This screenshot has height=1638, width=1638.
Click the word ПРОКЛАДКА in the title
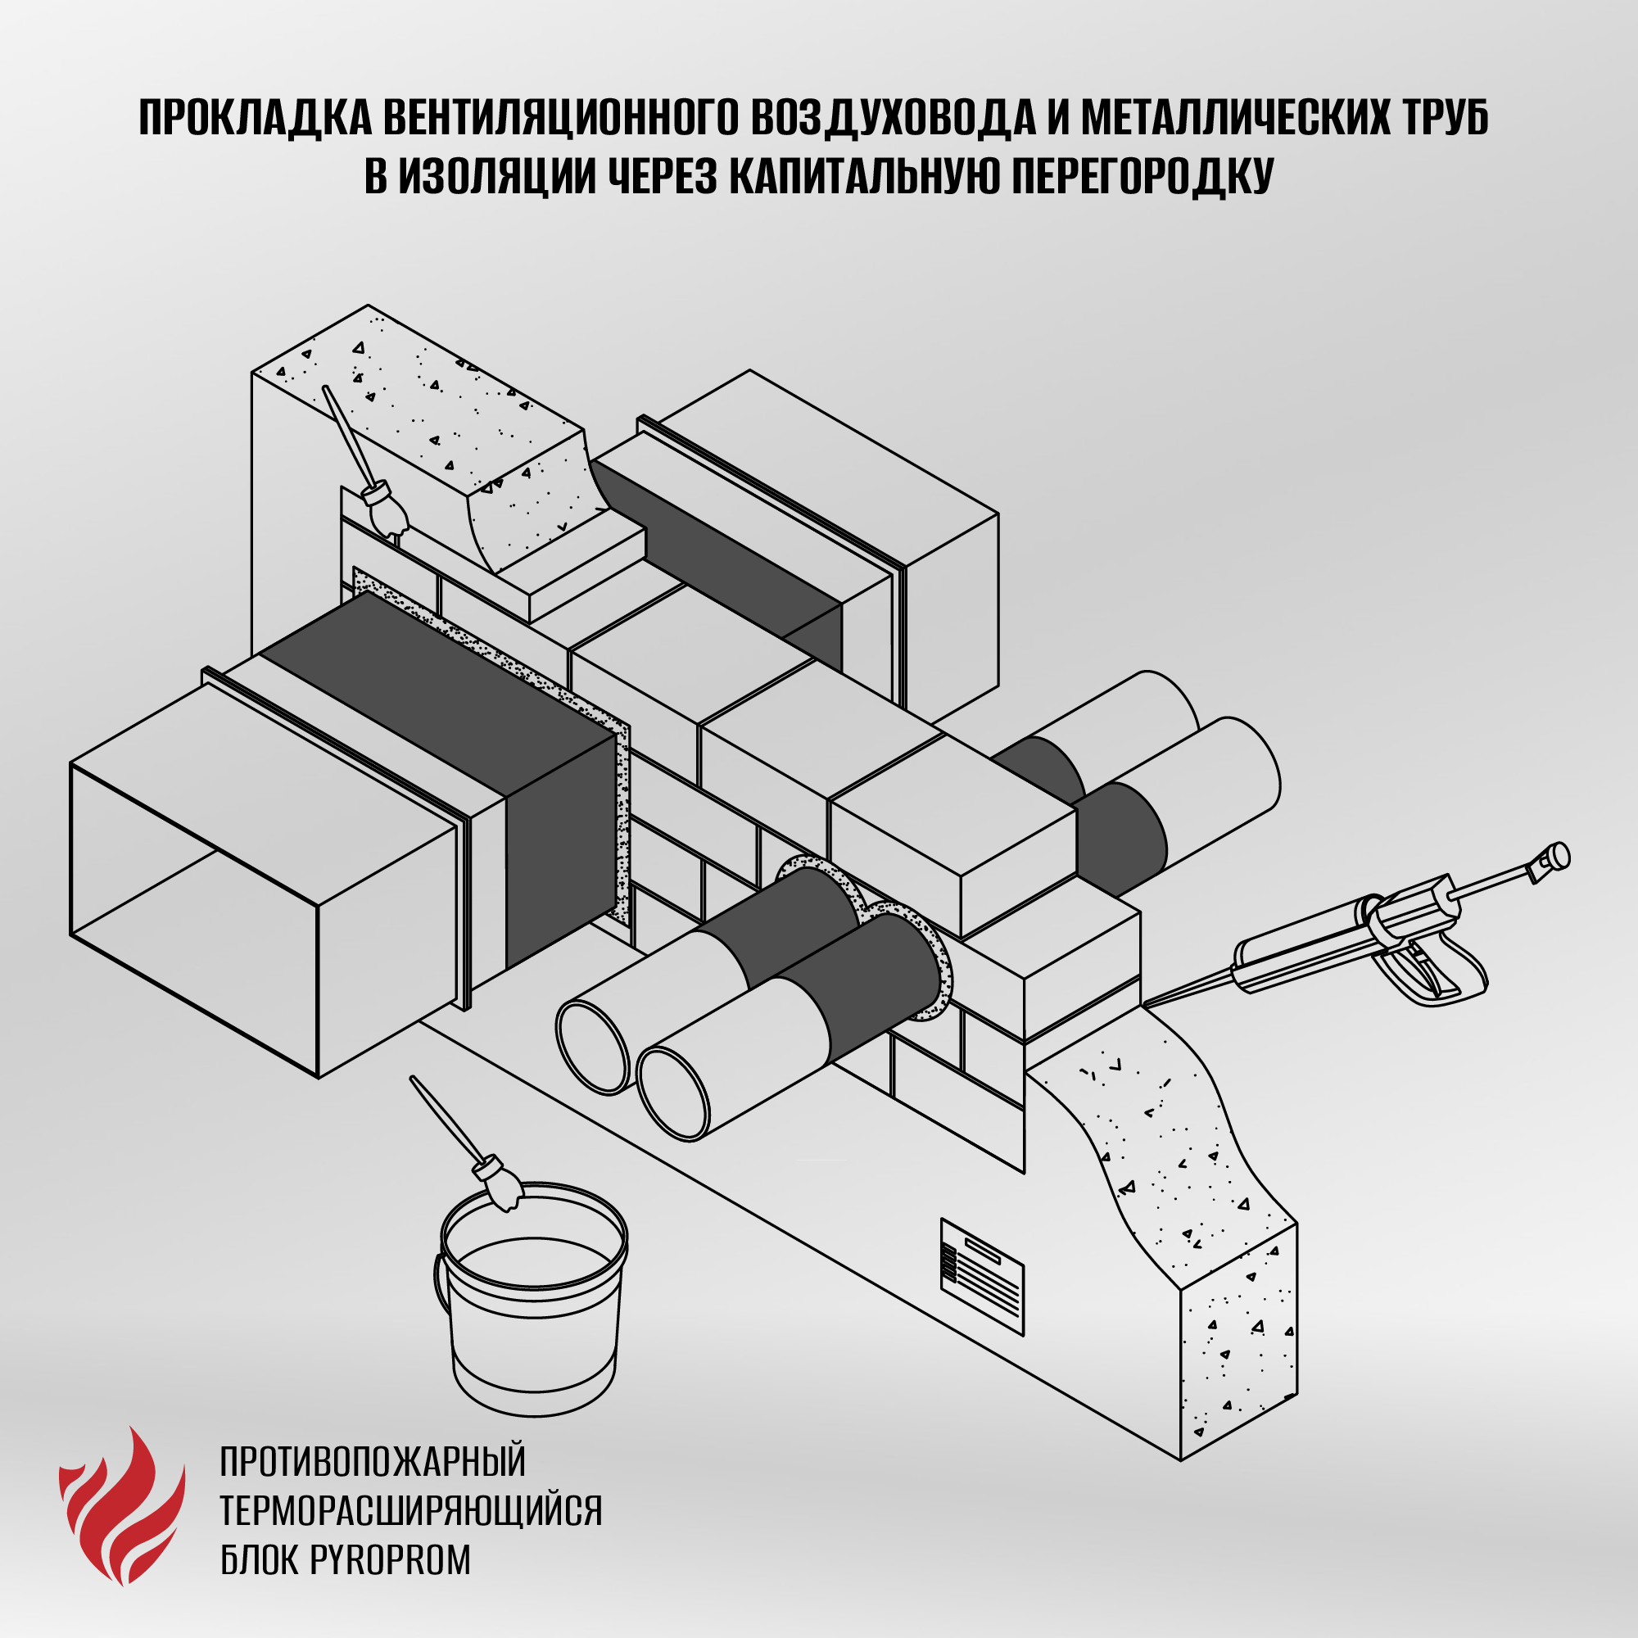[256, 119]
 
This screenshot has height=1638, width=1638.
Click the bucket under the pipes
[534, 1305]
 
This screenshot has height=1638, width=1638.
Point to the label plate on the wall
[983, 1277]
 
